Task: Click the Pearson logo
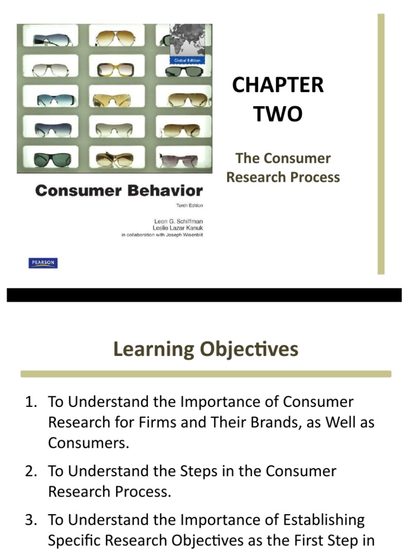[x=43, y=263]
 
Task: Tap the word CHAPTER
[x=278, y=85]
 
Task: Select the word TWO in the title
[x=278, y=114]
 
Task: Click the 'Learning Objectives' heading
[x=205, y=349]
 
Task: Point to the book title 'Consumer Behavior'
[x=119, y=191]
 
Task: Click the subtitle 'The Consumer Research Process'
[x=283, y=168]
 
